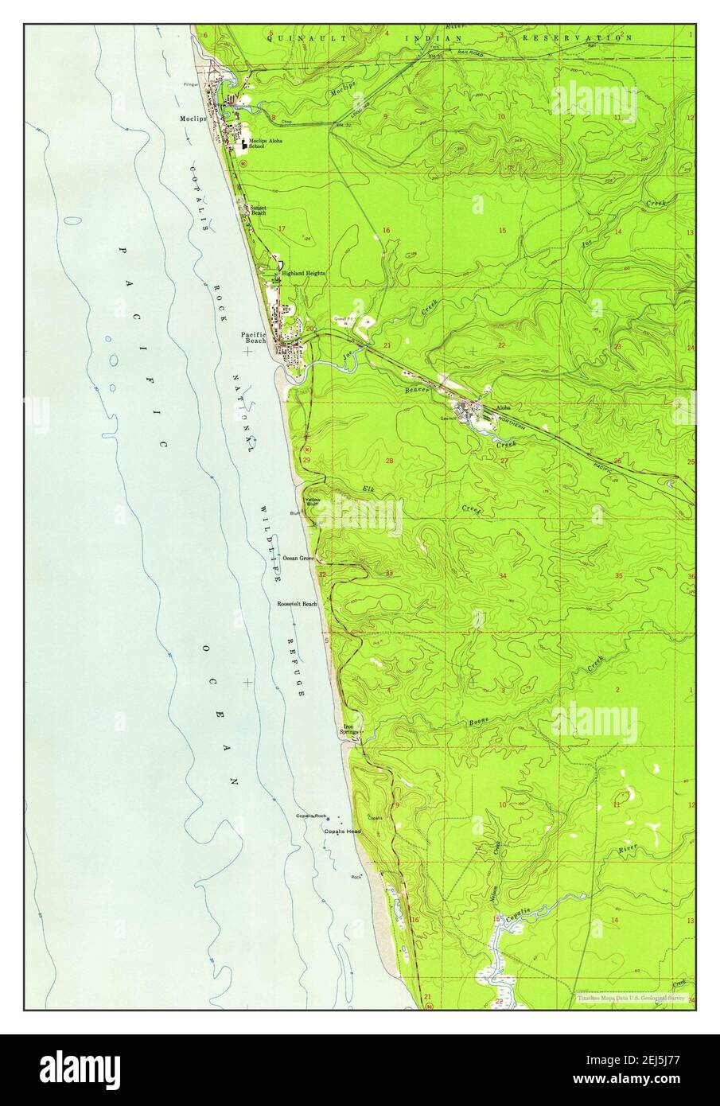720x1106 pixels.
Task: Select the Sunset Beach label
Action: click(259, 211)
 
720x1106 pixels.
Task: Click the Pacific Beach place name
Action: click(255, 337)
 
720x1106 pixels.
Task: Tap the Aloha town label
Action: click(503, 407)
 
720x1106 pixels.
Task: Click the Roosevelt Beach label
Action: click(297, 604)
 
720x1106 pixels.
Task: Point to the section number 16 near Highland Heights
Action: click(387, 230)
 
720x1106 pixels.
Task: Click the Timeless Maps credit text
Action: click(631, 997)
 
